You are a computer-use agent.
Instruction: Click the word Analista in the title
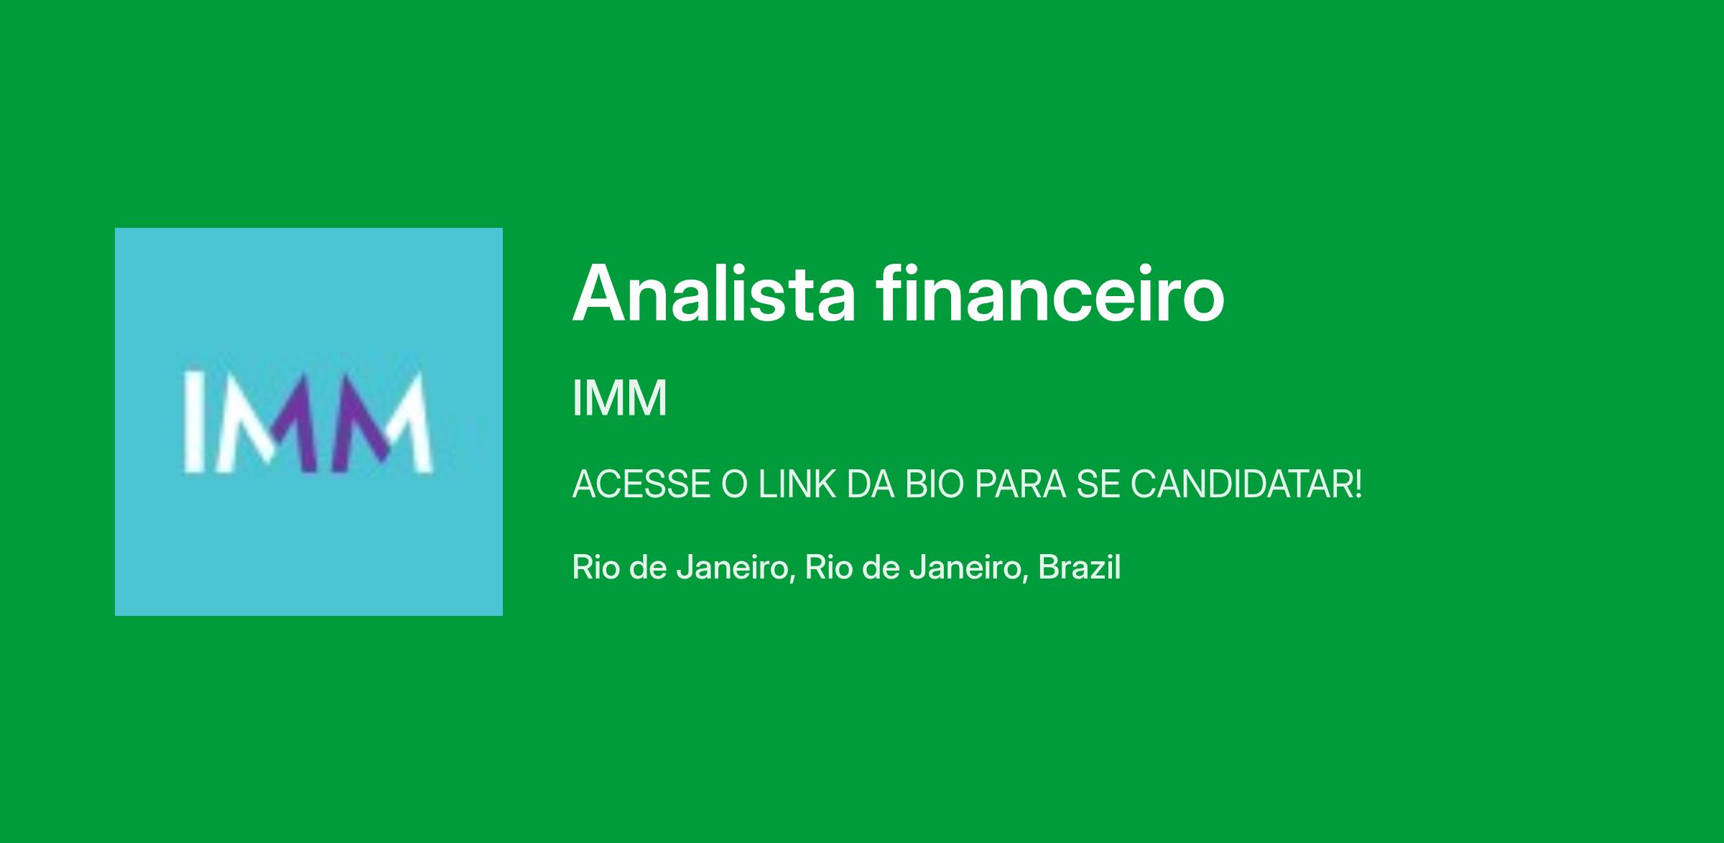coord(714,293)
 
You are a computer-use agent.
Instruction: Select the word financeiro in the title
coord(1049,292)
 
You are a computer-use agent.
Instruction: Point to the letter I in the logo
coord(192,423)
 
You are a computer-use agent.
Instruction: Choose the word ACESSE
coord(641,484)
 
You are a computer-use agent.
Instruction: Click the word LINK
coord(797,484)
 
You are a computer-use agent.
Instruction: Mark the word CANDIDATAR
coord(1238,484)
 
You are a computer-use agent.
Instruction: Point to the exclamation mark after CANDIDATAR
coord(1356,484)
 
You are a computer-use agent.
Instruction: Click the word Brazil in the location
coord(1080,567)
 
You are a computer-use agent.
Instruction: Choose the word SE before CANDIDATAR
coord(1098,484)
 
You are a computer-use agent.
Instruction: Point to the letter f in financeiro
coord(888,292)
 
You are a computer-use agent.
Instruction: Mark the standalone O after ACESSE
coord(735,484)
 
